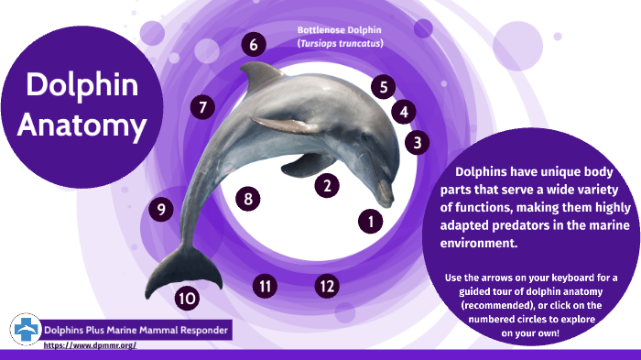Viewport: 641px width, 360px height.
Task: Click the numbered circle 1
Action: (370, 221)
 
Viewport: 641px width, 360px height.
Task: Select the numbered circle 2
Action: (327, 186)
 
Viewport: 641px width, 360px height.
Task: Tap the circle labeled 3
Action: (417, 142)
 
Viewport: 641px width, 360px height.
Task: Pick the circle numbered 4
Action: (403, 112)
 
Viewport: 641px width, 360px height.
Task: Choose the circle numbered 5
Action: (384, 88)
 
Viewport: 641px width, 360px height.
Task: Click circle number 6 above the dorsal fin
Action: (254, 44)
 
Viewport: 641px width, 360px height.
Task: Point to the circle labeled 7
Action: (202, 107)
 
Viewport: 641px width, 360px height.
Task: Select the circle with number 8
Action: (247, 198)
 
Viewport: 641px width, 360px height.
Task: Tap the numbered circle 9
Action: (161, 210)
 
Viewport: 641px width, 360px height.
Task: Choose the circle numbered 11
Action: (266, 287)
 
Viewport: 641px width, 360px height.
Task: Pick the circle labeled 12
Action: (326, 287)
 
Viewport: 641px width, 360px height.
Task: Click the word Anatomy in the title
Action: (82, 125)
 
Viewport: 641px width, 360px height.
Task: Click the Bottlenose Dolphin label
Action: (340, 30)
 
